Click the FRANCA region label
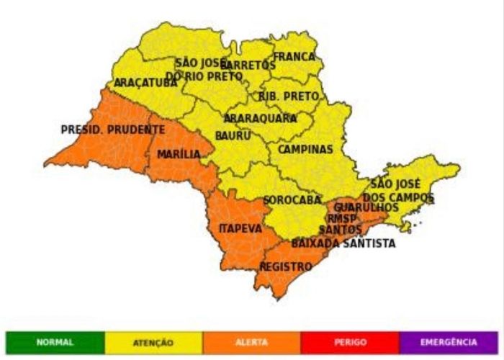[294, 56]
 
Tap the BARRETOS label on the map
[248, 65]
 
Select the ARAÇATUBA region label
[145, 83]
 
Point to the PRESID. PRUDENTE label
[113, 130]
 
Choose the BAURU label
[233, 135]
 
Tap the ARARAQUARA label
[260, 117]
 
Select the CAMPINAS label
[305, 150]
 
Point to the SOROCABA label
[292, 199]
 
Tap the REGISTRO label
[286, 266]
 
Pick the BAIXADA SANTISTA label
[343, 243]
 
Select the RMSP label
[342, 218]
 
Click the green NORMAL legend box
[55, 342]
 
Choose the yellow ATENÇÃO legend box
[153, 342]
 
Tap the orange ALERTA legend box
[251, 342]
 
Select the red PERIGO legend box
[350, 342]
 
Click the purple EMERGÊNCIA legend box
[448, 342]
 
